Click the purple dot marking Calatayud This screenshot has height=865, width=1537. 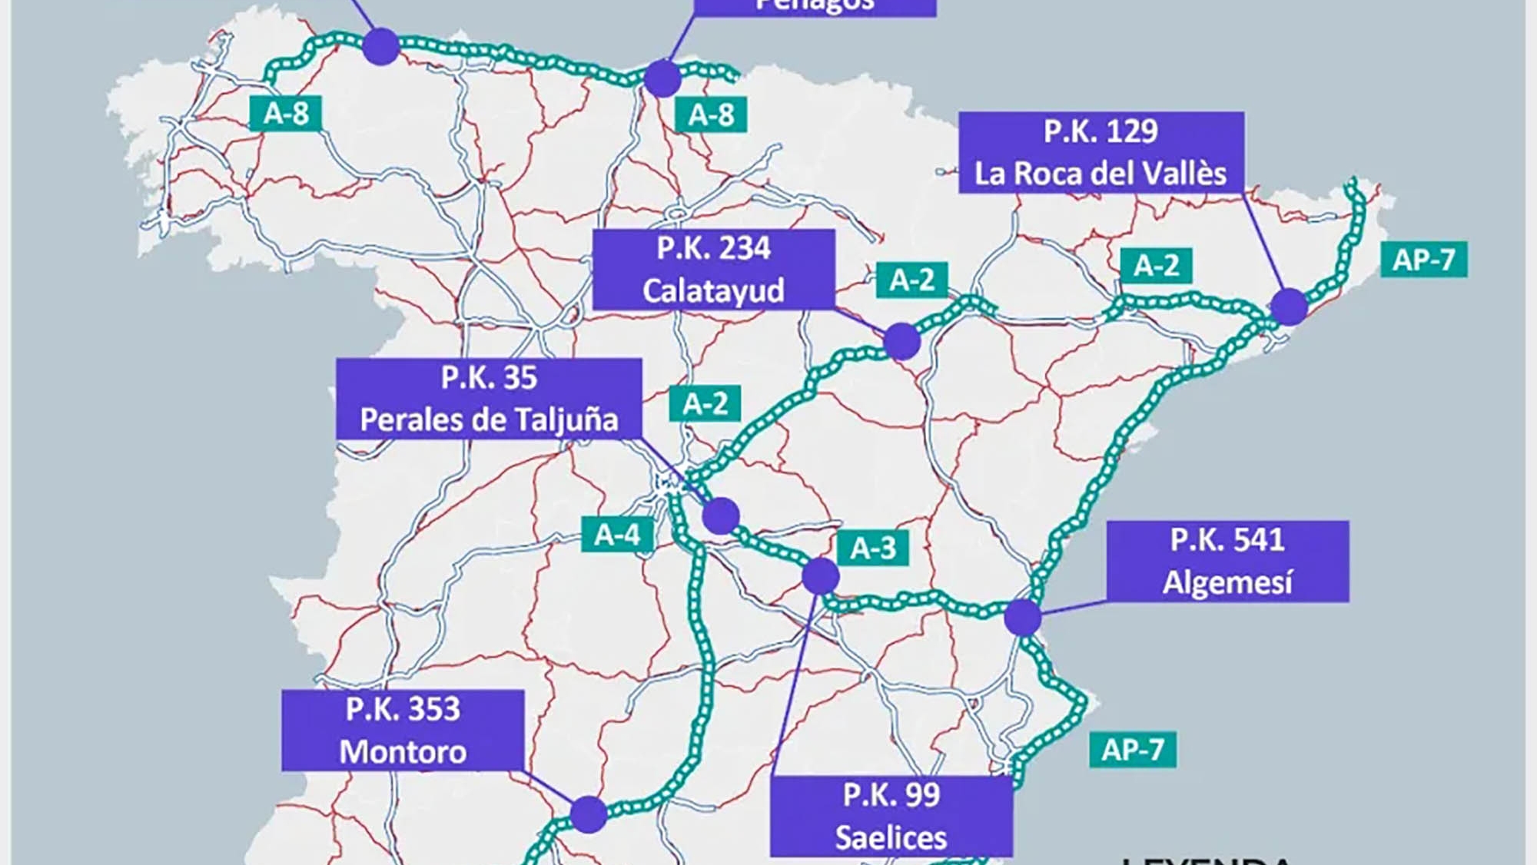[901, 341]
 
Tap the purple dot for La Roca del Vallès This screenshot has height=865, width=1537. [1289, 307]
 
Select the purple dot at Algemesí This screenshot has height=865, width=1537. [1023, 618]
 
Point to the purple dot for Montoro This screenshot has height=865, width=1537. [589, 814]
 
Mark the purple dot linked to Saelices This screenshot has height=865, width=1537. [820, 576]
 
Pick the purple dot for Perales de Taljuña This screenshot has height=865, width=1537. [721, 515]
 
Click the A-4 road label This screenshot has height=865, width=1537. [617, 535]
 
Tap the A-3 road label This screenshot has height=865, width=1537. [872, 548]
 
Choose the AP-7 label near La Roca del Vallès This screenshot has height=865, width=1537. [1423, 260]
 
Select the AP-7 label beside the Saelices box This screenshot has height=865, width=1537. [1132, 749]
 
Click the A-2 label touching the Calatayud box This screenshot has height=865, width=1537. [911, 280]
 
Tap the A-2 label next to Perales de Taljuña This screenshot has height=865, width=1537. [705, 403]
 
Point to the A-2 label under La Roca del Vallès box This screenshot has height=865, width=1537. [1156, 266]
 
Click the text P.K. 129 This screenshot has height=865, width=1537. [1100, 131]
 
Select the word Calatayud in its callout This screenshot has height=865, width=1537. [713, 291]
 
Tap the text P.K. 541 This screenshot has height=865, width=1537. [1227, 540]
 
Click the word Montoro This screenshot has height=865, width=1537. [403, 752]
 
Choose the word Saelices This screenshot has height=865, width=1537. [891, 837]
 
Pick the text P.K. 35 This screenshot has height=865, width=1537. [489, 378]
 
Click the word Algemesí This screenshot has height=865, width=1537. [1227, 582]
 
